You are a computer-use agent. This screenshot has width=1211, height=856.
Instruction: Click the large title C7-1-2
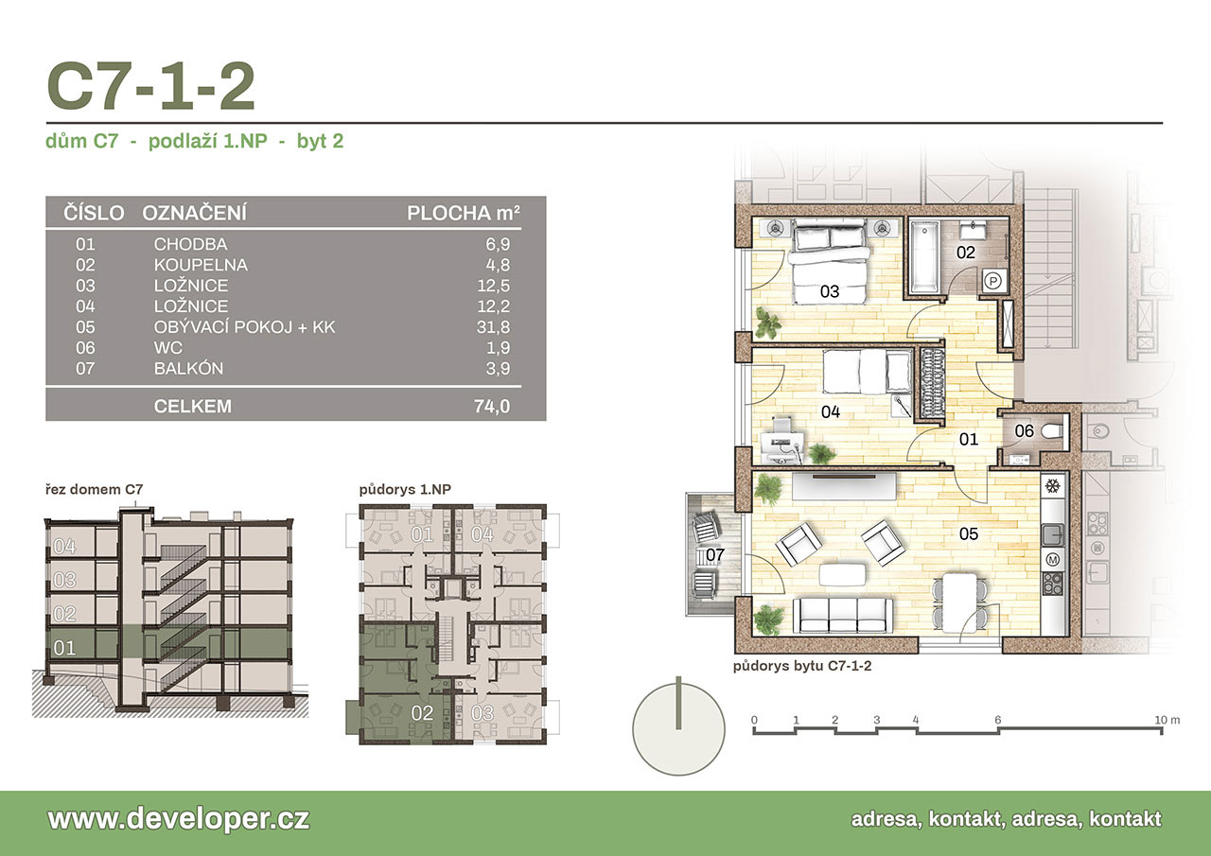pos(150,86)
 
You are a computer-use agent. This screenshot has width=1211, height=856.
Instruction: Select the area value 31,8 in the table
pos(493,327)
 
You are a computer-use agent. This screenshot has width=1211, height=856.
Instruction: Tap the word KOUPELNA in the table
pos(201,265)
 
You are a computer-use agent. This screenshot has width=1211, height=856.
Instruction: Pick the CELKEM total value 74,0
pos(492,406)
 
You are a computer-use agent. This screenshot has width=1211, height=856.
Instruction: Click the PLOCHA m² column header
pos(464,213)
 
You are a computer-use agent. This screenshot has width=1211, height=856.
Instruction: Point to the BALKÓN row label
pos(188,368)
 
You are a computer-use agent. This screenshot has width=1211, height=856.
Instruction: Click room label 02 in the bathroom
pos(966,253)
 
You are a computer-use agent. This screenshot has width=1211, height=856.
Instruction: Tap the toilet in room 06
pos(1053,431)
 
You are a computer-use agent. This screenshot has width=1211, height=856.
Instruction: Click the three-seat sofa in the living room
pos(842,615)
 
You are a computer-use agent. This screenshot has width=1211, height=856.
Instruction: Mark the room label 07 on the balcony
pos(714,555)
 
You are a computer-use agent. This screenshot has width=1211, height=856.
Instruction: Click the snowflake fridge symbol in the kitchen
pos(1052,486)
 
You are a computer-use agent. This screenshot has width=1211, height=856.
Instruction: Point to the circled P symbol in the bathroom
pos(993,281)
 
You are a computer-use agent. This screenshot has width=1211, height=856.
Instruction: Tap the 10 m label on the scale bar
pos(1167,720)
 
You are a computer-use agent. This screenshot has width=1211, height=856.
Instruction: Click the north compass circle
pos(678,729)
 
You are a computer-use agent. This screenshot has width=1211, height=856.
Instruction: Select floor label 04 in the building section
pos(65,547)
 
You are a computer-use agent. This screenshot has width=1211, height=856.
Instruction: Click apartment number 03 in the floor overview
pos(483,713)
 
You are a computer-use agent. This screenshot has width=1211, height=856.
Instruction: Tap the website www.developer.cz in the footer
pos(179,819)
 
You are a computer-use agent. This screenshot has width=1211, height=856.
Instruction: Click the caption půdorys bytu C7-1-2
pos(802,666)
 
